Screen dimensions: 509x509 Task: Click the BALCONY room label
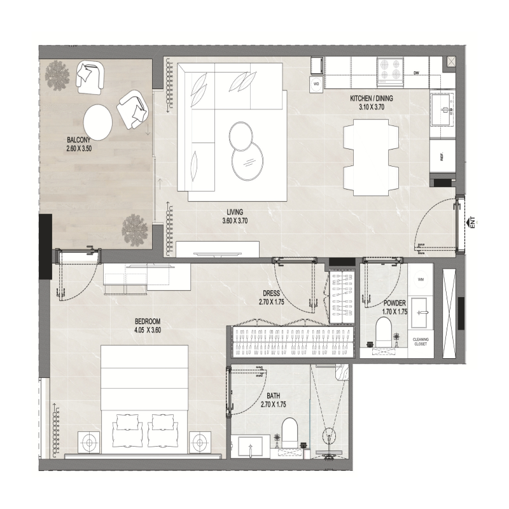(x=80, y=140)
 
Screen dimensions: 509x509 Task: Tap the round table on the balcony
(x=98, y=118)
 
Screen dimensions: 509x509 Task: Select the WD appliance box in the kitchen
(x=316, y=83)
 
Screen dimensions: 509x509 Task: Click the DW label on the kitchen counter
(x=416, y=73)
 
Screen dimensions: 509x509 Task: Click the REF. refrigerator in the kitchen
(x=440, y=156)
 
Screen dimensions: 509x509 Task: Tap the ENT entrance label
(x=472, y=222)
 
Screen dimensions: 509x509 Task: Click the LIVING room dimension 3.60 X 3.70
(x=235, y=221)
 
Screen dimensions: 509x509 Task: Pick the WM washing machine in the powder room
(x=421, y=279)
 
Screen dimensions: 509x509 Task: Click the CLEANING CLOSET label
(x=421, y=342)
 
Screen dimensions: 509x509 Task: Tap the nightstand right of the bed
(x=202, y=440)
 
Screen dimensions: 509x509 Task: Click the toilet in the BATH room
(x=289, y=431)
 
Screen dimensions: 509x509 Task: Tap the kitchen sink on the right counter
(x=443, y=108)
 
